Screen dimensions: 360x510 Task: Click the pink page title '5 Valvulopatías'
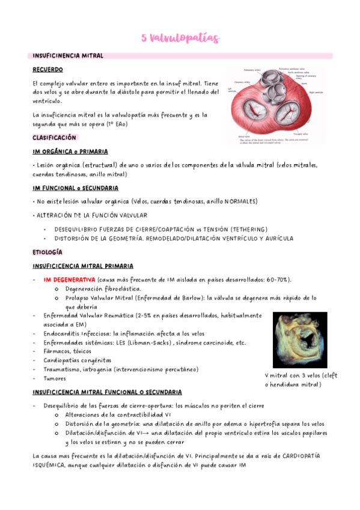pos(180,38)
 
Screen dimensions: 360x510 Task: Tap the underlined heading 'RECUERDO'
pos(48,70)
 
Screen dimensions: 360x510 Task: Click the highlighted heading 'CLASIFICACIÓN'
pos(55,138)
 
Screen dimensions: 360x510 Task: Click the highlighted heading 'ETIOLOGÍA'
pos(47,252)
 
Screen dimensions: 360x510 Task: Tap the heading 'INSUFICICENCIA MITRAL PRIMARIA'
pos(83,266)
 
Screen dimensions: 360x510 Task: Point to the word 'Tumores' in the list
pos(55,378)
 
